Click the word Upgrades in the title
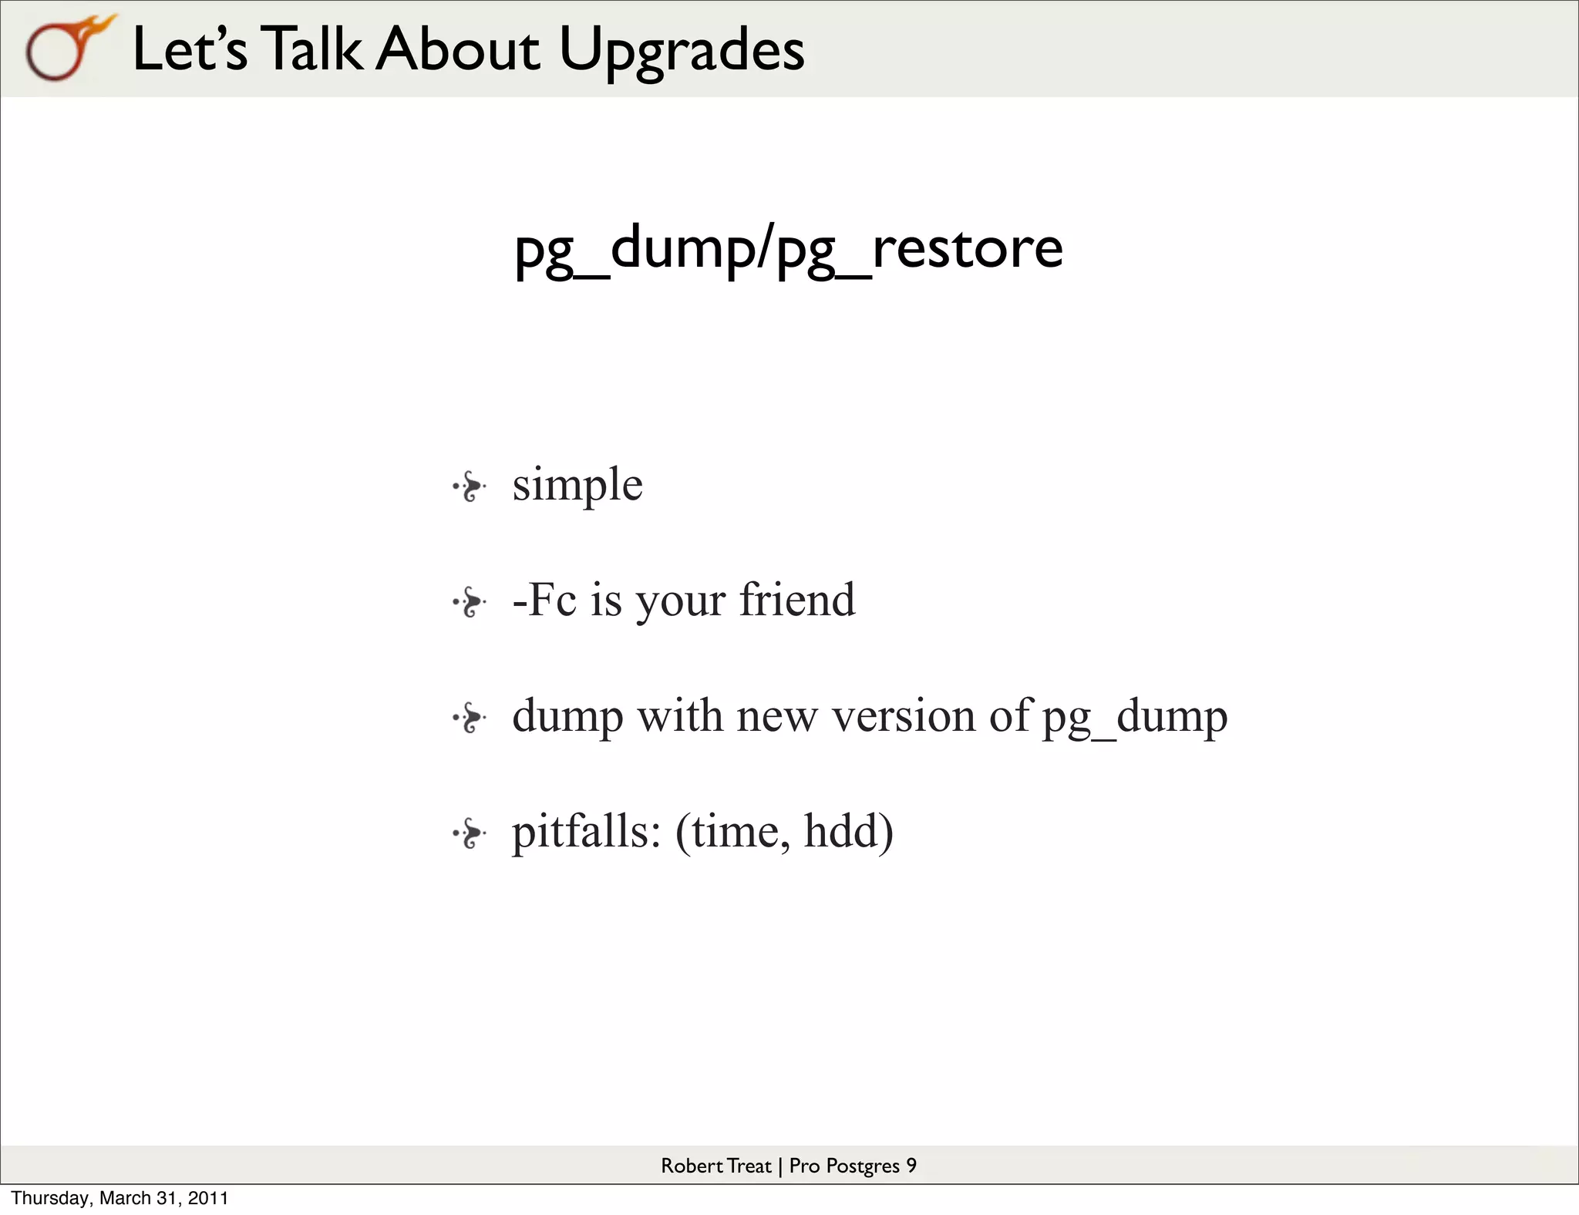682,49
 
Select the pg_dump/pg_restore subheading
788,248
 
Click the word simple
577,485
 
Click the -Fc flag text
544,600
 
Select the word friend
797,600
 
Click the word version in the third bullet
904,716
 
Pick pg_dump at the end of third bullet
1134,718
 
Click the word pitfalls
586,832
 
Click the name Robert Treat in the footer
715,1166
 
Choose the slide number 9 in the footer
911,1166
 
